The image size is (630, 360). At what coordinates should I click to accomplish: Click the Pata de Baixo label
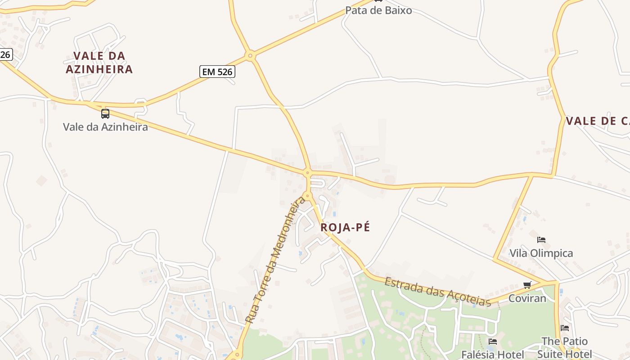point(378,10)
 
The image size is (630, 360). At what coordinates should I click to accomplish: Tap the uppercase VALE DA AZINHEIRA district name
point(99,63)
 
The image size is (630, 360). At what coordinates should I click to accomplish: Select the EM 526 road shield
point(217,72)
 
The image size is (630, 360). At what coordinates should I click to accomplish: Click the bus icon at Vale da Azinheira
point(105,113)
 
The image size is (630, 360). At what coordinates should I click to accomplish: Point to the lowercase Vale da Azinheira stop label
point(105,127)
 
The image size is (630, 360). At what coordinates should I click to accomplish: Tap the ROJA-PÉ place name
point(345,228)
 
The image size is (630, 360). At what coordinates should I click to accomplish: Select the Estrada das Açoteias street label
point(437,292)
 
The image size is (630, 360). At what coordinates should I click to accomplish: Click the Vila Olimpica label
point(541,253)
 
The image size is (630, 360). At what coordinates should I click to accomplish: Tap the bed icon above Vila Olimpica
point(541,240)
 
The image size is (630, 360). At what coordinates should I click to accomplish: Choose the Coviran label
point(527,298)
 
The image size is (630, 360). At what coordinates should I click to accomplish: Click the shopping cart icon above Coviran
point(527,285)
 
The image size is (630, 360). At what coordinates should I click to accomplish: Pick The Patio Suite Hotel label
point(564,347)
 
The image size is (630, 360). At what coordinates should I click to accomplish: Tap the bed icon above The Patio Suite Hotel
point(565,328)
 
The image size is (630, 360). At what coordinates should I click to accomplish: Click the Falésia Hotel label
point(493,355)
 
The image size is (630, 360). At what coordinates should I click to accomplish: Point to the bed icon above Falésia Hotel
point(493,342)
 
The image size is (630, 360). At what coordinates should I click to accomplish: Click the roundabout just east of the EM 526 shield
point(250,56)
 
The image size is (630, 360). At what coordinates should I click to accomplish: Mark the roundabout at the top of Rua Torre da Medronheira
point(307,196)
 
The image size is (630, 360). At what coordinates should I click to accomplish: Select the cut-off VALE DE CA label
point(598,121)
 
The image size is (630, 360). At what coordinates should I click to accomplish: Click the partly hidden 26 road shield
point(5,55)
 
